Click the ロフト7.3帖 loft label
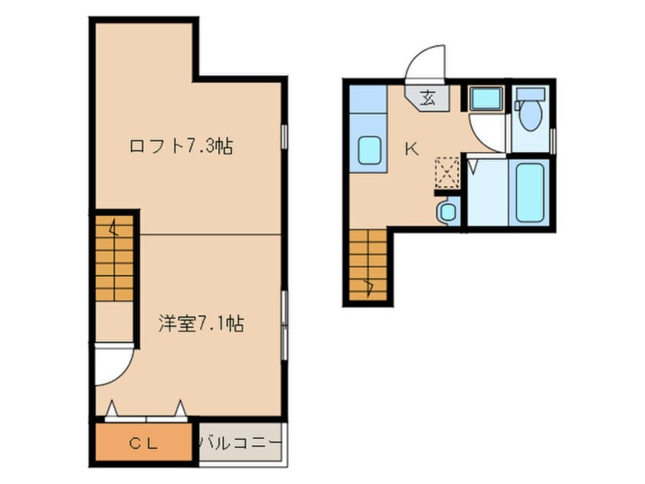click(181, 147)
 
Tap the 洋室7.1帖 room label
click(201, 324)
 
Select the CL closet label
click(143, 444)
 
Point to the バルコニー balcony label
click(241, 444)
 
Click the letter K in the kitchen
click(412, 149)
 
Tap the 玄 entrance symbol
click(428, 98)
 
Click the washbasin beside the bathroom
click(447, 211)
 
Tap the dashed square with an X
click(447, 173)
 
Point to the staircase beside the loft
click(115, 258)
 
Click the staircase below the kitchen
click(367, 264)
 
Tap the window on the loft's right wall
click(284, 137)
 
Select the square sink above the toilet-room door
click(486, 98)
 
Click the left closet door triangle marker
click(111, 408)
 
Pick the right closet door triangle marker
click(180, 408)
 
